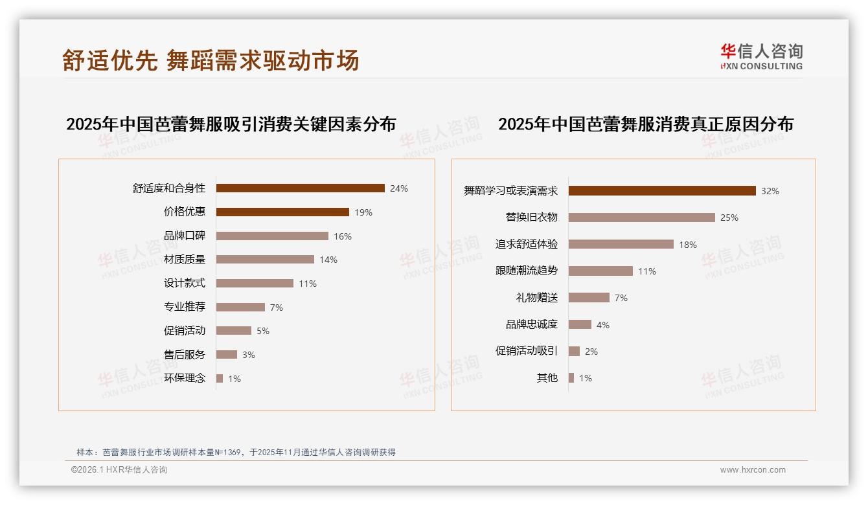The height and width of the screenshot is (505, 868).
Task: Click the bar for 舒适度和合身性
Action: [x=300, y=188]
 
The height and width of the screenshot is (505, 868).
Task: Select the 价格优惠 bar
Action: [x=282, y=212]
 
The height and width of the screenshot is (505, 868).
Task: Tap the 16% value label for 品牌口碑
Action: [x=343, y=236]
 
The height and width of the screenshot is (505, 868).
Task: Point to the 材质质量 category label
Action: [x=185, y=260]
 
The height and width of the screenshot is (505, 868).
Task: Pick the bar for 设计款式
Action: [x=255, y=284]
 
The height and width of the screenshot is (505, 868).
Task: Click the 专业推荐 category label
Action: [x=185, y=307]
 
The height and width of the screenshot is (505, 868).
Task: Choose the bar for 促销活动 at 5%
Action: [x=234, y=331]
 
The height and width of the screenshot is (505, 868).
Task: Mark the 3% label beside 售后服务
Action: [x=249, y=355]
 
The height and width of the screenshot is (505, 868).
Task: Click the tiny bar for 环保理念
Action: [x=220, y=378]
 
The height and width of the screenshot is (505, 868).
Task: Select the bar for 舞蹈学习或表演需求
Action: [x=662, y=191]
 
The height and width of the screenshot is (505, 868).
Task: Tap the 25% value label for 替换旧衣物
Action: [x=729, y=218]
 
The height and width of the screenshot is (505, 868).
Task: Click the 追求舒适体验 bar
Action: [x=621, y=244]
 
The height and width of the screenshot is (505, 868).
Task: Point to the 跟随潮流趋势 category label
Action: [x=527, y=271]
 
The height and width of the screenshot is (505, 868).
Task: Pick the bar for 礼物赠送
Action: [x=589, y=298]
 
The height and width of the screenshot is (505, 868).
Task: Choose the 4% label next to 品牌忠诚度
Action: [x=603, y=325]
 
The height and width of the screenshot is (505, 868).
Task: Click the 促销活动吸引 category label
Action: [x=527, y=351]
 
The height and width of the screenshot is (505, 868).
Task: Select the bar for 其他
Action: [x=571, y=378]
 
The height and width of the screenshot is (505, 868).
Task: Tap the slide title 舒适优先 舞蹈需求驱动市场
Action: [x=211, y=60]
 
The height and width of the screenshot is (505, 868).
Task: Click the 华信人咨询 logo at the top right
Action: [x=762, y=57]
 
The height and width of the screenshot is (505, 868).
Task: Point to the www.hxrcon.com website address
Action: [x=753, y=470]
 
